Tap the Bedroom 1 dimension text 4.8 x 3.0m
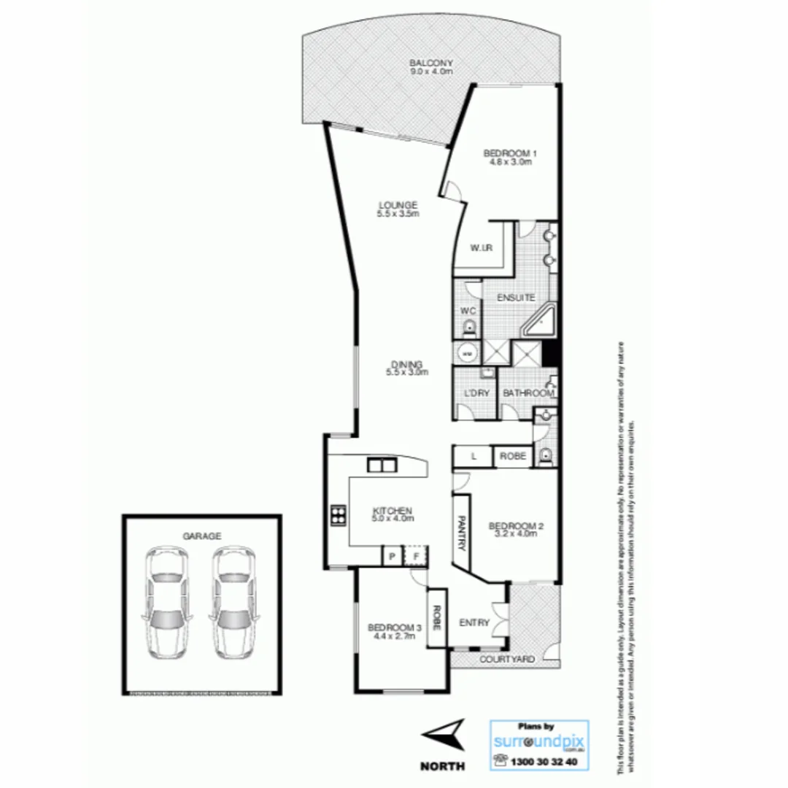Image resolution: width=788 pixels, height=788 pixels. coord(510,162)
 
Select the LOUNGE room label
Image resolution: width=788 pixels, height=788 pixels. coord(398,205)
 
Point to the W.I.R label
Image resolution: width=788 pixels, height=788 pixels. coord(481,249)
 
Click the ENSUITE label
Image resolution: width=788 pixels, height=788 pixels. coord(517,298)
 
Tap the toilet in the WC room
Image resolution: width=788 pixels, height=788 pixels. coord(468,328)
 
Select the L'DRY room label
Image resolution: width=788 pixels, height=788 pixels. coord(476,394)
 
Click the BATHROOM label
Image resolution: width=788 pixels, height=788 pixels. coord(528,394)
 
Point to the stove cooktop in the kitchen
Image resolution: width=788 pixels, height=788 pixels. coord(339,515)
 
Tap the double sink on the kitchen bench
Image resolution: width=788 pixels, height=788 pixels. coord(382,465)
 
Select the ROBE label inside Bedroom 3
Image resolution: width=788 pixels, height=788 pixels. coord(437,617)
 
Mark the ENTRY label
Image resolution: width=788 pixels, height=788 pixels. coord(474,622)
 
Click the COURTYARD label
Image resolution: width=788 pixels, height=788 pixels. coord(506,660)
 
